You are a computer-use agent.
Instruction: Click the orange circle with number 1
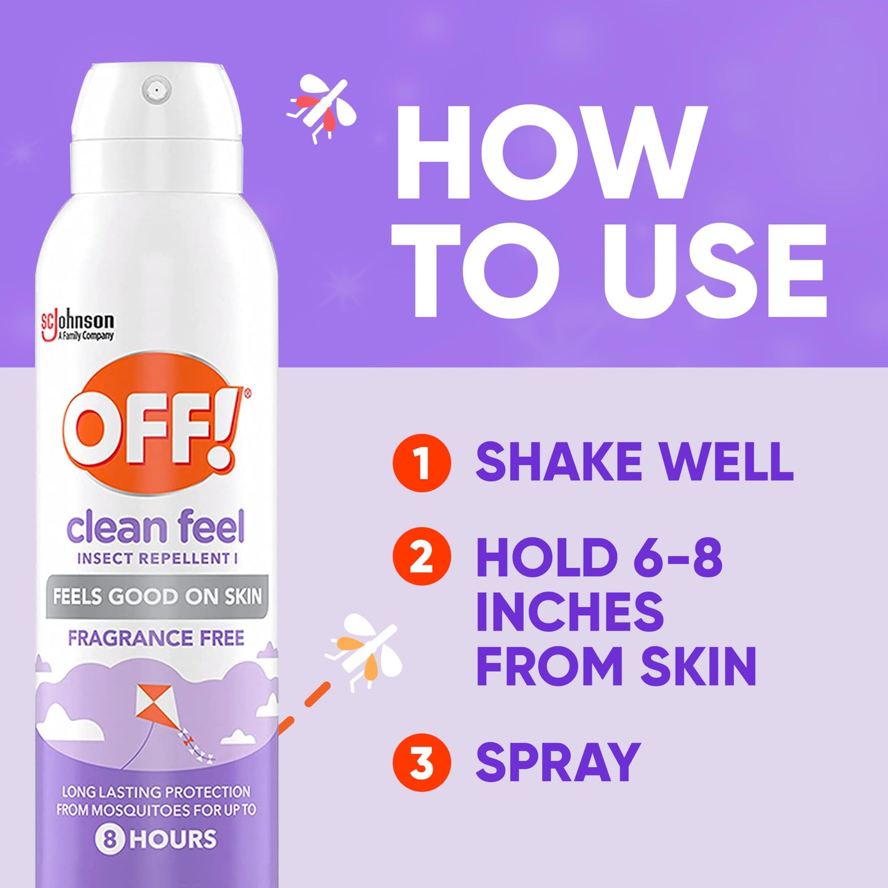coord(422,463)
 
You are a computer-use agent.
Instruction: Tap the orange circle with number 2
coord(422,556)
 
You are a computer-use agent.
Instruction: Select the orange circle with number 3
coord(422,762)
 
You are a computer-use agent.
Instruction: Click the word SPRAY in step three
coord(558,762)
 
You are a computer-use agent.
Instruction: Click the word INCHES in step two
coord(570,611)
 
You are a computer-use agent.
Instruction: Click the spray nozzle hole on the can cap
coord(156,90)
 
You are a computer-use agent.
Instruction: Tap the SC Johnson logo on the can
coord(77,326)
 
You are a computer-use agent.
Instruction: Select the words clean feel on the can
coord(155,528)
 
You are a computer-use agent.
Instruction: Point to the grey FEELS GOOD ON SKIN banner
coord(157,596)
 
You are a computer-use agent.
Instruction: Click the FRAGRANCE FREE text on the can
coord(156,638)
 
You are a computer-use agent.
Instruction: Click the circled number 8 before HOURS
coord(110,839)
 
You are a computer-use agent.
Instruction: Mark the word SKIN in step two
coord(698,667)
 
